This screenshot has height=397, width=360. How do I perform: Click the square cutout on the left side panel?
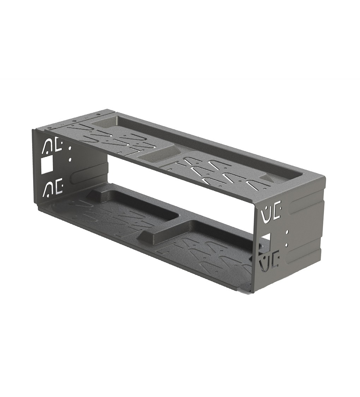(x=47, y=165)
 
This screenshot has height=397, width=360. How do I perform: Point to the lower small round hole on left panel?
(x=70, y=160)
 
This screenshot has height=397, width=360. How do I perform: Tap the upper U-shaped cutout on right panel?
(x=265, y=214)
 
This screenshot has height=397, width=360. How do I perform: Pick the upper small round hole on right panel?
(x=287, y=232)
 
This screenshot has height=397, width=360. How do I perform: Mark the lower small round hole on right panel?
(x=287, y=244)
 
